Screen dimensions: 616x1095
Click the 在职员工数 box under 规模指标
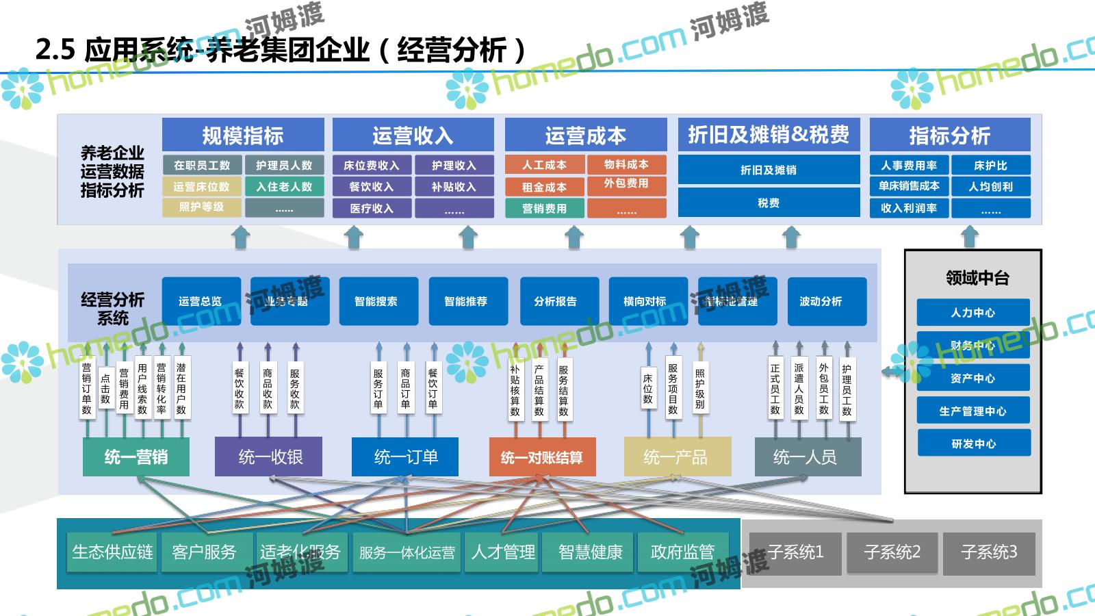[201, 165]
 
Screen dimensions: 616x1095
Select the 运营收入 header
[413, 135]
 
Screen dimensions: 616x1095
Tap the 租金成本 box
[544, 187]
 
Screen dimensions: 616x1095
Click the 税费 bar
[768, 203]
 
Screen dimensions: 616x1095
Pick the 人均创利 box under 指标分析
[990, 186]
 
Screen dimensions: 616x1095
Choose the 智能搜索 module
[376, 301]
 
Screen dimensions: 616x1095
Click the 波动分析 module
[821, 301]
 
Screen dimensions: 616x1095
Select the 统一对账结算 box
[542, 457]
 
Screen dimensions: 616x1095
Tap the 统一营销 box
[136, 457]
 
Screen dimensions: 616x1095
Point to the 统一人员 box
[805, 457]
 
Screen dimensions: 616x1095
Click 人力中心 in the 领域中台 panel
[972, 313]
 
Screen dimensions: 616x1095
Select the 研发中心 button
[972, 444]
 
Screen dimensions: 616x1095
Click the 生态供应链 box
[112, 552]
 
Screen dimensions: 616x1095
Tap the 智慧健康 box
[590, 552]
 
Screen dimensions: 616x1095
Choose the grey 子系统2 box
[892, 552]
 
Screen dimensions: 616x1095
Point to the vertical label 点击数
[105, 389]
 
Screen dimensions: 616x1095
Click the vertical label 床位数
[647, 389]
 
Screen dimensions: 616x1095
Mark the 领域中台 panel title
[977, 278]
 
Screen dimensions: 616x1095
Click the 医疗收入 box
[372, 208]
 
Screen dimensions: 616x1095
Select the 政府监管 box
[682, 552]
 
